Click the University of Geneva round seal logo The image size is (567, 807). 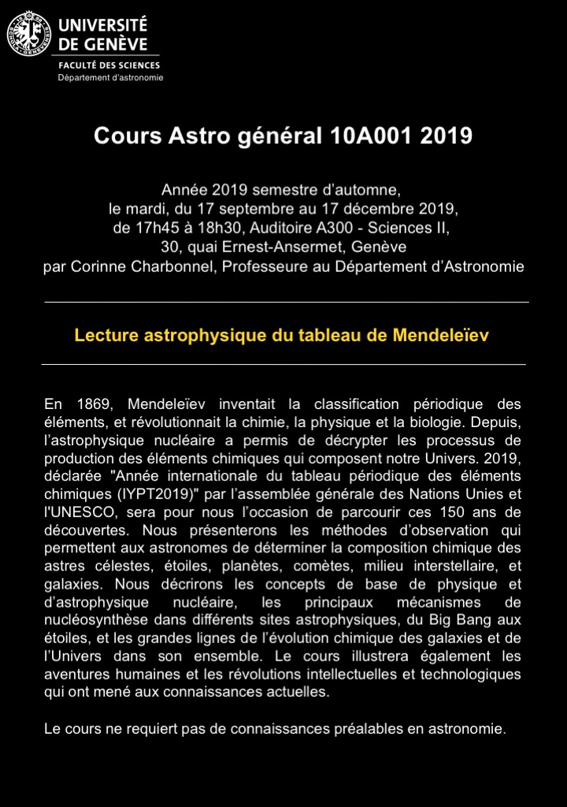(29, 35)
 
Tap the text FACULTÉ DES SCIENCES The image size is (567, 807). (109, 65)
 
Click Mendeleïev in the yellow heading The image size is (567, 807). (441, 335)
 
